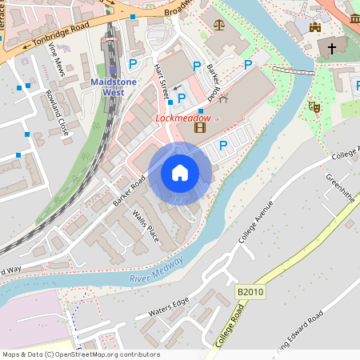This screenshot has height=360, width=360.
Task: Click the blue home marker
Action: point(180,172)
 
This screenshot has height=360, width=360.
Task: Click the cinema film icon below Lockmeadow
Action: point(199,126)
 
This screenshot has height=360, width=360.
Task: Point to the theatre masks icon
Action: point(314,106)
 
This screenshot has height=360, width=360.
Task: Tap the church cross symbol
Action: point(333,47)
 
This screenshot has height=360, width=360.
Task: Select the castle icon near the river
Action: point(314,27)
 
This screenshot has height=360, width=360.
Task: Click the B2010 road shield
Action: point(250,292)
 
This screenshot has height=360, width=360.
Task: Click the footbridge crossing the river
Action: point(291,70)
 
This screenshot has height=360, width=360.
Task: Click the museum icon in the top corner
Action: point(354,18)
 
